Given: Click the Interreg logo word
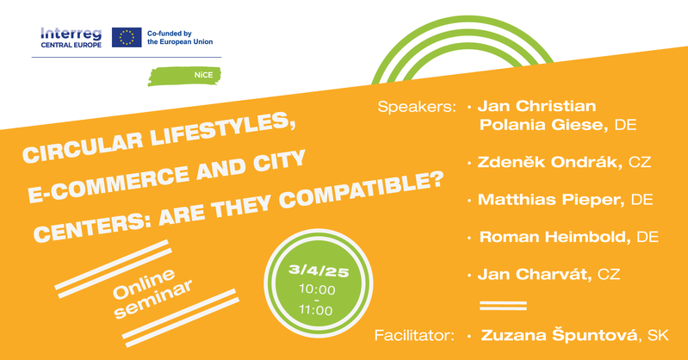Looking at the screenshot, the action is click(71, 34).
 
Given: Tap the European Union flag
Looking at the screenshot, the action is click(127, 37).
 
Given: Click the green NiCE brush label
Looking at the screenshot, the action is click(184, 76).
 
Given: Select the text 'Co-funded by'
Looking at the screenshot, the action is click(170, 34).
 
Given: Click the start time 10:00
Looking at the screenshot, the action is click(317, 289).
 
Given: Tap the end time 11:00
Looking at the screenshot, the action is click(316, 310).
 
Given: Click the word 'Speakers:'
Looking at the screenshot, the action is click(417, 107).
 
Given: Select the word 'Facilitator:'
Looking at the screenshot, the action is click(414, 336).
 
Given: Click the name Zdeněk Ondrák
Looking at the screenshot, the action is click(549, 162).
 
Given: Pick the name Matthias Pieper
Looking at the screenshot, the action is click(551, 200).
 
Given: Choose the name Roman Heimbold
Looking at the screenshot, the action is click(555, 237).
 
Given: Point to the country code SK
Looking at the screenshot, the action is click(658, 336).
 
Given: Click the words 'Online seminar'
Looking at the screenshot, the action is click(152, 292).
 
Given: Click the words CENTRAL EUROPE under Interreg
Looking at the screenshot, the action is click(71, 45).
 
